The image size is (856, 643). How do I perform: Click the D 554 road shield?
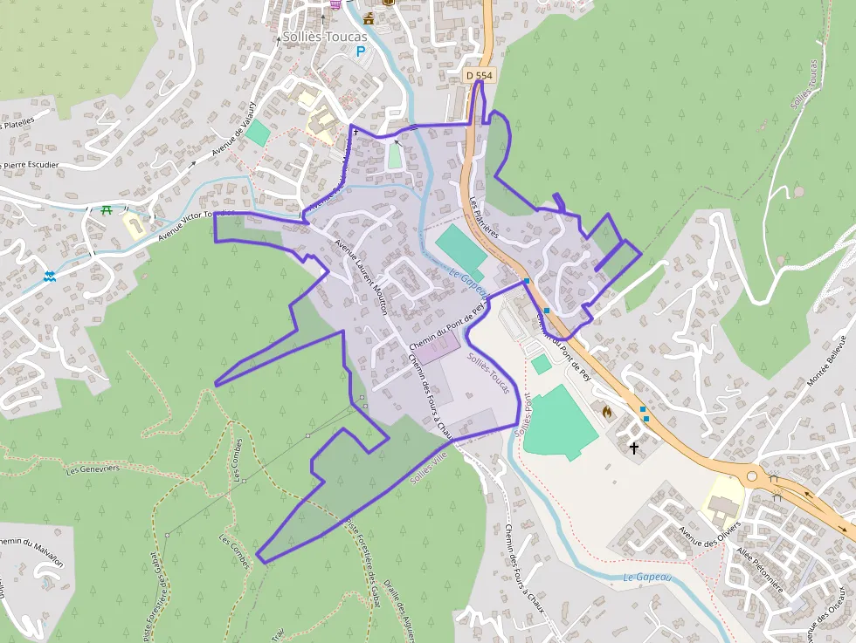[x=480, y=76]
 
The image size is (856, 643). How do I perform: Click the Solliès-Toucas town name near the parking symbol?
[x=325, y=37]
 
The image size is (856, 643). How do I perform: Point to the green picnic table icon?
[x=107, y=210]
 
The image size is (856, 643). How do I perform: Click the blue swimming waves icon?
[x=51, y=277]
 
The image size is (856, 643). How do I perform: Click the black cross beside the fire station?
[x=633, y=448]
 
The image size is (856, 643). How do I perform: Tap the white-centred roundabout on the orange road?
[x=751, y=477]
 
